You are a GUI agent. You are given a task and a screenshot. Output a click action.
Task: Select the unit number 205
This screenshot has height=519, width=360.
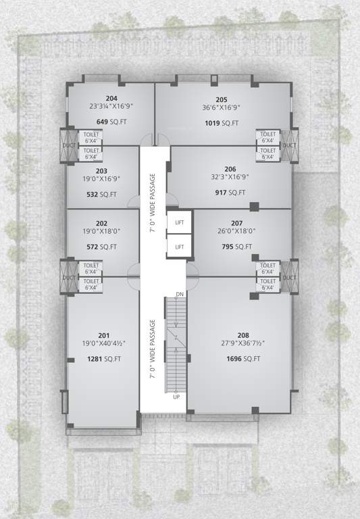click(x=222, y=99)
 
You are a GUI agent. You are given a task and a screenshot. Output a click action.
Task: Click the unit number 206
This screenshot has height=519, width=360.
click(x=230, y=169)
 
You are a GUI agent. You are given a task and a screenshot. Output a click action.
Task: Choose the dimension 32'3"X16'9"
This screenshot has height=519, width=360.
click(x=230, y=177)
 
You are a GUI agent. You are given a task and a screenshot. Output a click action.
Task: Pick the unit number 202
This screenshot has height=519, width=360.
click(x=102, y=224)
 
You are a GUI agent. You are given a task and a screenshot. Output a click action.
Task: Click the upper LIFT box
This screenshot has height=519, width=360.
click(x=179, y=222)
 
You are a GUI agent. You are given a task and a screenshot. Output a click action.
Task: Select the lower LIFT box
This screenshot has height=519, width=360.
click(x=179, y=247)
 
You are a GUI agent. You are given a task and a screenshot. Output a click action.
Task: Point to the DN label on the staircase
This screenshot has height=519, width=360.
click(x=180, y=295)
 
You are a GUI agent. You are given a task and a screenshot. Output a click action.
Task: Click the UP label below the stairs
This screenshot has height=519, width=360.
click(x=176, y=397)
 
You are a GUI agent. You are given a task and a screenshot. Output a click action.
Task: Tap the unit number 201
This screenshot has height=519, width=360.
click(x=103, y=335)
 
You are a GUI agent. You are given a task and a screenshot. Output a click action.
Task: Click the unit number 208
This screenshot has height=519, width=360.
click(x=243, y=335)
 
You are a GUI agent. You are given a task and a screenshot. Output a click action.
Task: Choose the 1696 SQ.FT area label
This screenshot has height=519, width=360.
click(x=243, y=359)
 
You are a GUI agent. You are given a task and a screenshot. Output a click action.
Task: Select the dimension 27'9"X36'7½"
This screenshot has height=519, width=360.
click(x=243, y=343)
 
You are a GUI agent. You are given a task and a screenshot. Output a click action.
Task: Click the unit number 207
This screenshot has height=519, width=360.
click(x=236, y=223)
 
